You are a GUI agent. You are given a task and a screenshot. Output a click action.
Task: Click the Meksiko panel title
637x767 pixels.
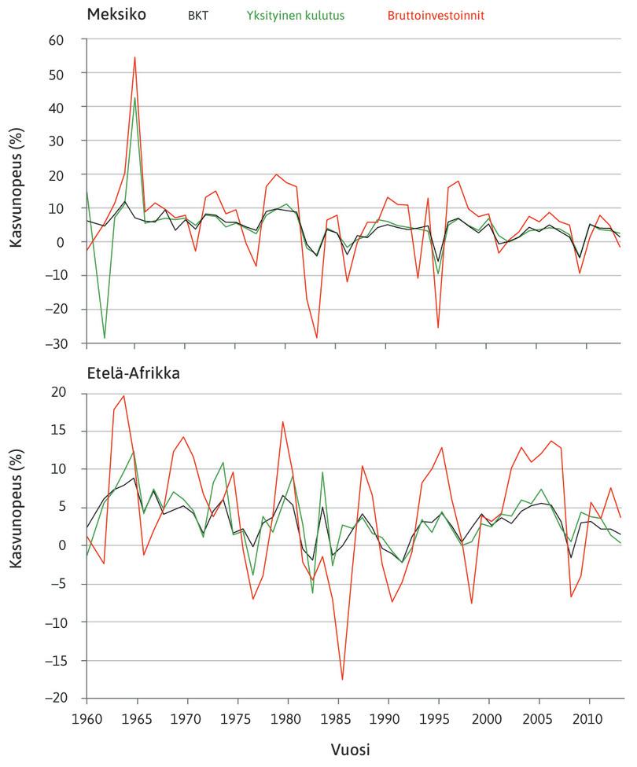tap(117, 15)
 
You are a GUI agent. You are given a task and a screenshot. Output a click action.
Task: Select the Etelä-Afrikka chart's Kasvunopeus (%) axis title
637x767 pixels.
tap(17, 545)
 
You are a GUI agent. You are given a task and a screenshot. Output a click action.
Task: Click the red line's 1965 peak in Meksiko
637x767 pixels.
tap(135, 57)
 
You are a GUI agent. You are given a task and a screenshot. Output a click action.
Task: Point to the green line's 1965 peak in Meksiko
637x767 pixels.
tap(135, 98)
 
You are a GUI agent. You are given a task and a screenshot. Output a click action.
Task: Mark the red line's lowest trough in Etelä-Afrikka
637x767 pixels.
tap(343, 679)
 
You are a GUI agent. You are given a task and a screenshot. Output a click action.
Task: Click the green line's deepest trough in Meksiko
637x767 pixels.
tap(105, 338)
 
